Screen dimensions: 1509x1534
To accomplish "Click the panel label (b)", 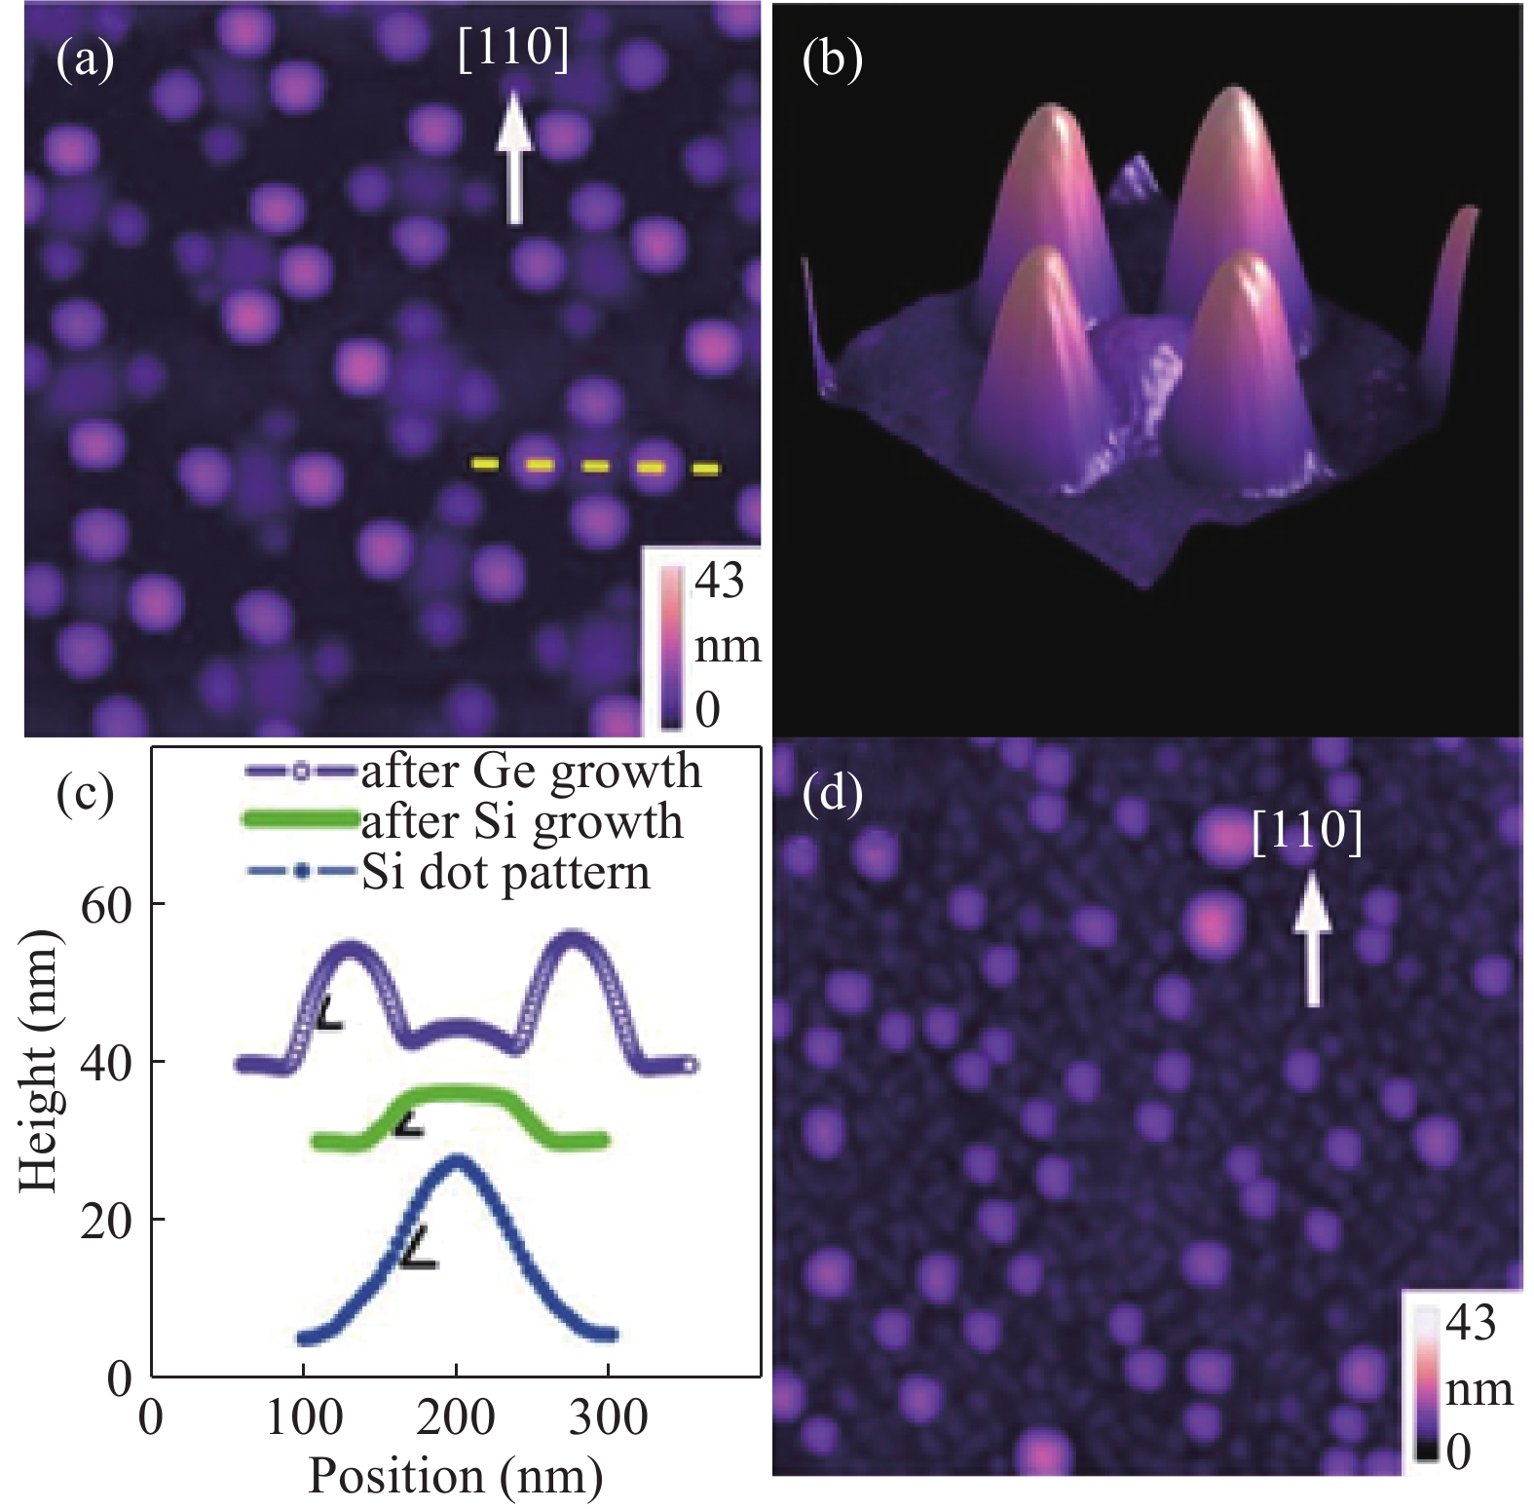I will click(831, 60).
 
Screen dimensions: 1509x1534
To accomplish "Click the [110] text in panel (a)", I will click(513, 49).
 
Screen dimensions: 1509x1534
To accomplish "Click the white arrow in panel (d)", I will click(1311, 940).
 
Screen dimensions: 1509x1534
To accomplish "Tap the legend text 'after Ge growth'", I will click(531, 772).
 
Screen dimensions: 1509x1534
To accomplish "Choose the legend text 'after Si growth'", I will click(522, 822).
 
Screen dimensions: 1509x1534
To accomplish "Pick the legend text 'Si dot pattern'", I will click(505, 872).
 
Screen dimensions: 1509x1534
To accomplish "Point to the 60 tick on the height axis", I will click(106, 905).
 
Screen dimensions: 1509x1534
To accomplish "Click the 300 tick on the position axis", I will click(608, 1418).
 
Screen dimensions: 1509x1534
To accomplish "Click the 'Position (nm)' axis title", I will click(455, 1477).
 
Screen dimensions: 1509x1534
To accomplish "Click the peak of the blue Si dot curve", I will click(456, 1159).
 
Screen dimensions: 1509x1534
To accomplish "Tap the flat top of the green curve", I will click(458, 1094).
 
